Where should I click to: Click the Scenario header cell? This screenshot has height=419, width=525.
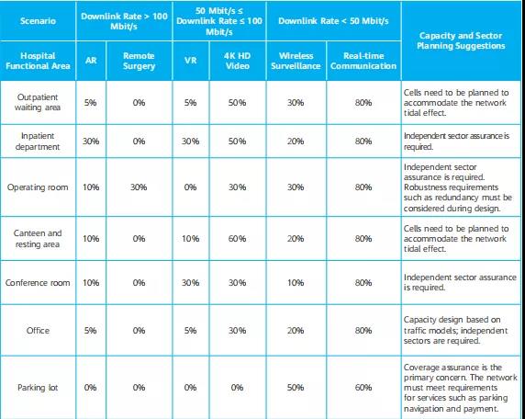click(38, 21)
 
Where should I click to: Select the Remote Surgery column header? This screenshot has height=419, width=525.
click(139, 61)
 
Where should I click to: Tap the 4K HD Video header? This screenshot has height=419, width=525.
click(237, 61)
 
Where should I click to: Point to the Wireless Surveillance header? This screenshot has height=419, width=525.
click(296, 61)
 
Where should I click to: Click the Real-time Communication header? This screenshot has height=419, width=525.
click(363, 61)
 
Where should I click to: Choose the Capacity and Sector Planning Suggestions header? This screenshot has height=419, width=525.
click(461, 40)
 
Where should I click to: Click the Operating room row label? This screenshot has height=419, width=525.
click(38, 187)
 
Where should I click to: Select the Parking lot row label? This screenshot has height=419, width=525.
click(38, 388)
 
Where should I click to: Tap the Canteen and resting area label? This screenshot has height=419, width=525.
click(38, 238)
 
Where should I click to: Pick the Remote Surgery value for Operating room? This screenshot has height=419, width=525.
click(139, 187)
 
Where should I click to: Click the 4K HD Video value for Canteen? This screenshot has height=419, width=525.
click(237, 238)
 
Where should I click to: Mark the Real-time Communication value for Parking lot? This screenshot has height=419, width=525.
click(363, 388)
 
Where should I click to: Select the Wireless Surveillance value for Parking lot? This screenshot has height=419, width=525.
click(296, 388)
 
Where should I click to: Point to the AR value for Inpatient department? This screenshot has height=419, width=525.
click(91, 142)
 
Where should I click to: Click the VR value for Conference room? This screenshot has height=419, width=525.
click(190, 283)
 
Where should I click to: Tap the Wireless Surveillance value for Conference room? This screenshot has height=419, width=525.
click(296, 283)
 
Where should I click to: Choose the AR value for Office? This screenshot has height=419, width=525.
click(91, 331)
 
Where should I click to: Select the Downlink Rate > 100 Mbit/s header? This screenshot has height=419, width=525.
click(124, 21)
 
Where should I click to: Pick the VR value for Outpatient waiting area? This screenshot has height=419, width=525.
click(190, 103)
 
